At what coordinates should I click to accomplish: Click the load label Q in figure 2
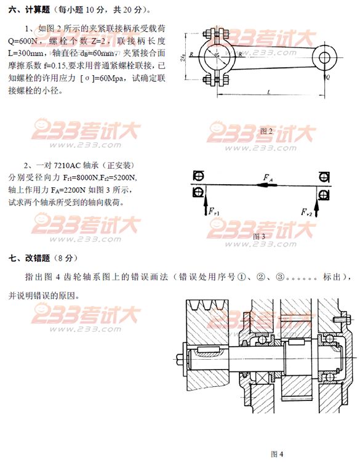tap(328, 78)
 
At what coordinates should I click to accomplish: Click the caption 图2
tap(266, 131)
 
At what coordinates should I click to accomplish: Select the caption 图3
tap(259, 236)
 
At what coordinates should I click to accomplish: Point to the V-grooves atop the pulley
tap(204, 306)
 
